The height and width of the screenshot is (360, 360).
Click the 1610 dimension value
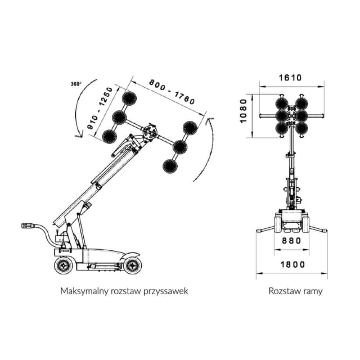pos(290,78)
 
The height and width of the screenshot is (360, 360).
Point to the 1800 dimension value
pos(291,264)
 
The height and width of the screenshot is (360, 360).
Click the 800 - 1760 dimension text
pos(172,92)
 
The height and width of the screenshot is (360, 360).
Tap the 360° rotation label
pos(76,84)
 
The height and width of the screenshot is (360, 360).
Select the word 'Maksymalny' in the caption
pos(82,291)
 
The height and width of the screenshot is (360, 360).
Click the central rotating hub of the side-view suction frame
pos(150,133)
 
